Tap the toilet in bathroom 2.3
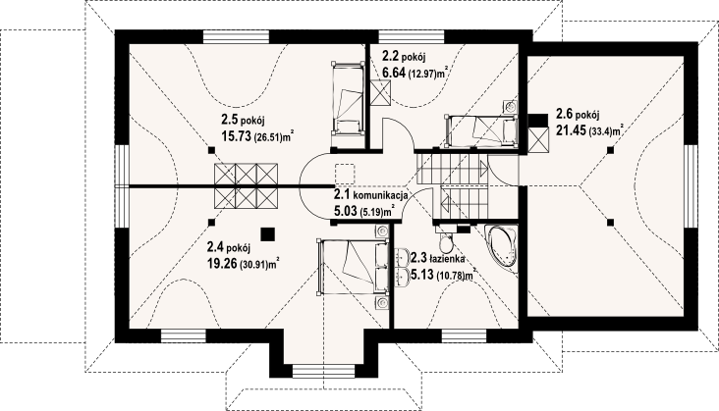[x=446, y=241]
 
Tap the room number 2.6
[x=565, y=113]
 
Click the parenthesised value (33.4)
[x=603, y=129]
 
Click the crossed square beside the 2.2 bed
[x=380, y=92]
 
